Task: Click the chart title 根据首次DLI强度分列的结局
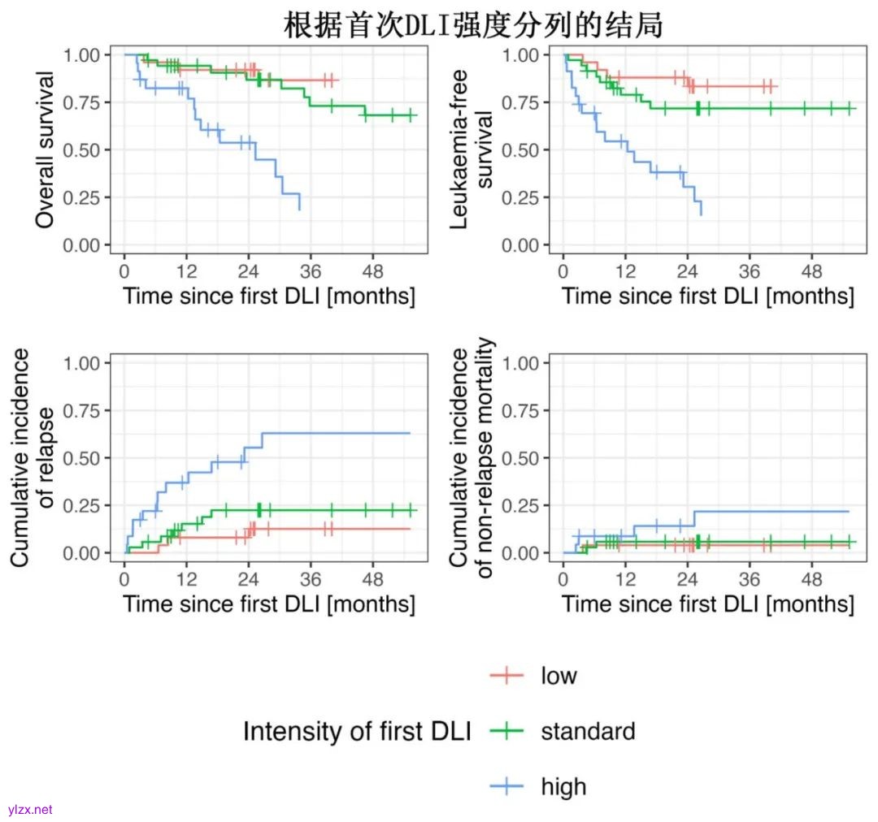[x=473, y=25]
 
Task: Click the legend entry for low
[x=559, y=675]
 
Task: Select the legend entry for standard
[x=587, y=731]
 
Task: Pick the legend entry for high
[x=563, y=786]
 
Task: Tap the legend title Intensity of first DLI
[x=357, y=731]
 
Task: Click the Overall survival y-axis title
[x=46, y=149]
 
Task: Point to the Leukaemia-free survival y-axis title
[x=472, y=149]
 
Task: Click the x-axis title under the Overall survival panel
[x=269, y=296]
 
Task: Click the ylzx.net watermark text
[x=29, y=810]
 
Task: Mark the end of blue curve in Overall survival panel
[x=300, y=210]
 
